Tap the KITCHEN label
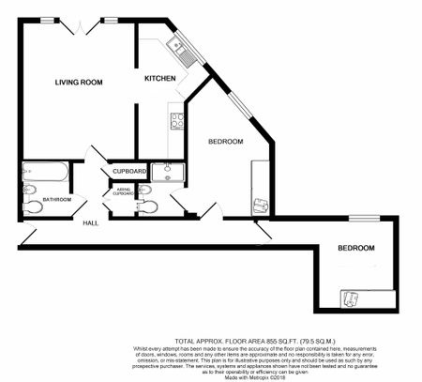click(x=159, y=79)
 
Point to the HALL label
click(x=90, y=222)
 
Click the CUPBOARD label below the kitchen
click(x=128, y=172)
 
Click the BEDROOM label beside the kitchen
click(x=225, y=141)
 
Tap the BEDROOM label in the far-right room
click(x=355, y=248)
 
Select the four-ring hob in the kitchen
click(x=176, y=120)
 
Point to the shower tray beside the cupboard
click(x=168, y=171)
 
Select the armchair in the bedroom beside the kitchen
click(x=261, y=205)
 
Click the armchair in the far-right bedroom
click(x=350, y=298)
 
